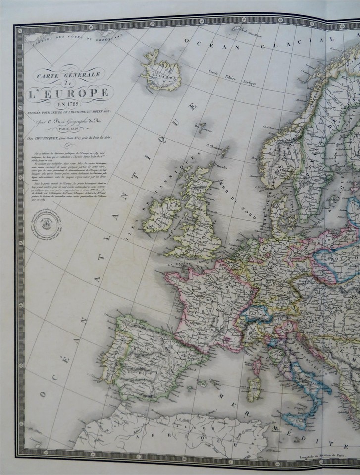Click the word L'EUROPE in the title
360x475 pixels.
(x=69, y=93)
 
